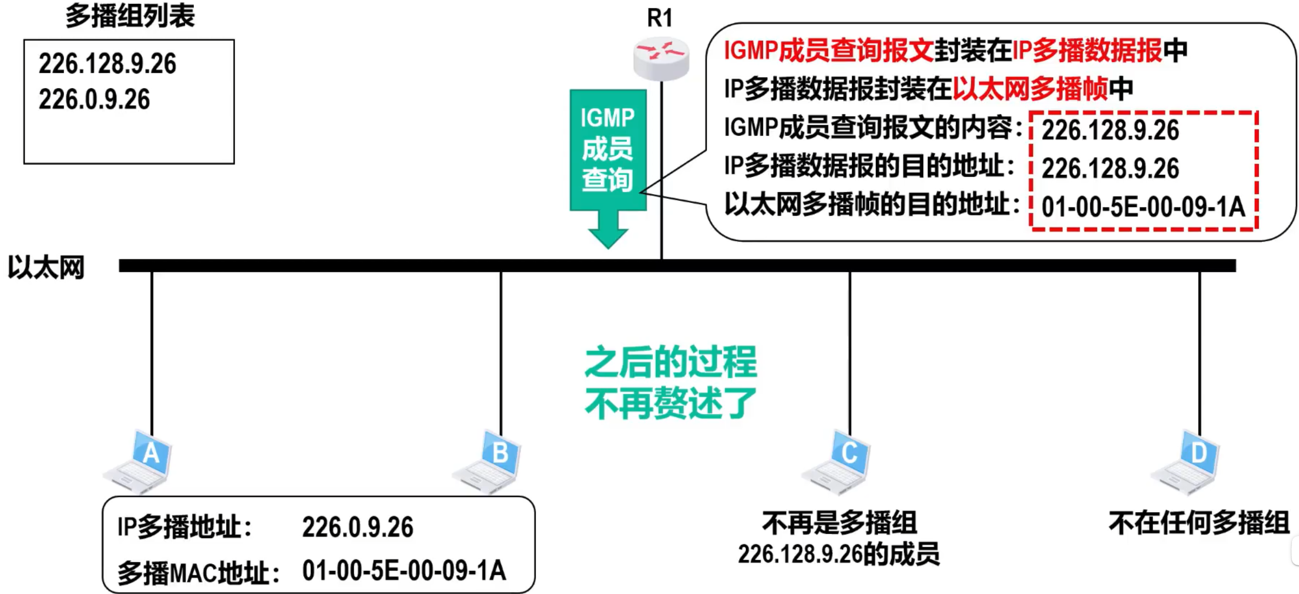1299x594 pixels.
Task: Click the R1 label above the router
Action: tap(660, 18)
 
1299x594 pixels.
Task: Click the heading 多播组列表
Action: tap(130, 16)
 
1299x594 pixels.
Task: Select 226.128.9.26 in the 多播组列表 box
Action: tap(107, 64)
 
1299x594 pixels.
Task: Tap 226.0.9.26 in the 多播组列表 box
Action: tap(94, 100)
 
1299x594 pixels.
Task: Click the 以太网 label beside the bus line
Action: tap(47, 267)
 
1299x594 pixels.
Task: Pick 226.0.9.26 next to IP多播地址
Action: tap(358, 527)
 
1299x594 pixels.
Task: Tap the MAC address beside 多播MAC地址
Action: tap(404, 571)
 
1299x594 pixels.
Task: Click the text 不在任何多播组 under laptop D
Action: tap(1199, 523)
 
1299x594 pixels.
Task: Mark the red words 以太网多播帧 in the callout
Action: tap(1030, 89)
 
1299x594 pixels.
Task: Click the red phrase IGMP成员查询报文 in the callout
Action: tap(829, 50)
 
